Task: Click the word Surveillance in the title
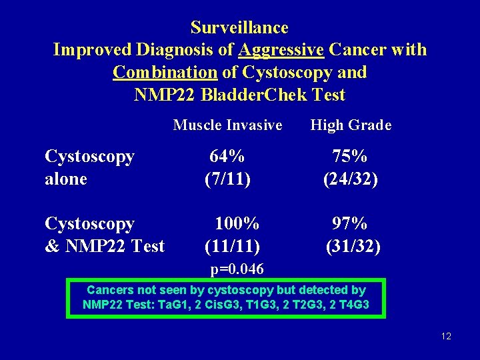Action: click(x=239, y=28)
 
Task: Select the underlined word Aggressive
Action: click(x=281, y=50)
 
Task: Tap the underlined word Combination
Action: click(x=165, y=72)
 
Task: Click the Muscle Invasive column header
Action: click(x=227, y=125)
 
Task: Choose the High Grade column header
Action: click(x=351, y=125)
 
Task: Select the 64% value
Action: click(x=227, y=157)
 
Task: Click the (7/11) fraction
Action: click(x=227, y=179)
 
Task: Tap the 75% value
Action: click(x=350, y=157)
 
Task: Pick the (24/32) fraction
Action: click(x=351, y=179)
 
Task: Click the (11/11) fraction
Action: click(x=232, y=246)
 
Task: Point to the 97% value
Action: click(x=350, y=223)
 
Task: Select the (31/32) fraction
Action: click(x=353, y=246)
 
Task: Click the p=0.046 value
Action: click(x=237, y=269)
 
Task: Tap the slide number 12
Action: click(x=446, y=336)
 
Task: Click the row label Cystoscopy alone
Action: click(x=89, y=167)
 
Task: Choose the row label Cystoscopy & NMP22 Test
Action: click(x=104, y=235)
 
